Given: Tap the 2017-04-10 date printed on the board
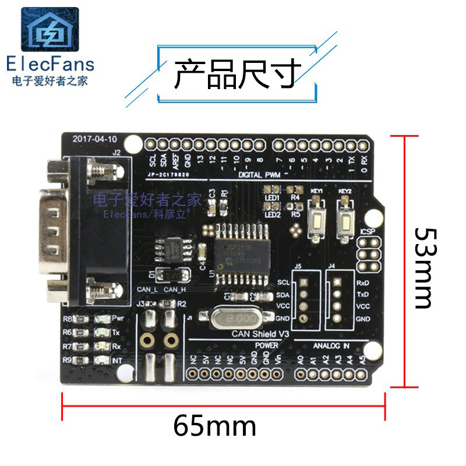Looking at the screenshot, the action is click(x=95, y=140).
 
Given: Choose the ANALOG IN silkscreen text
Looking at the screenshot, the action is click(x=330, y=345).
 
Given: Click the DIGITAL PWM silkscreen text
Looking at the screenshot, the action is click(x=259, y=174).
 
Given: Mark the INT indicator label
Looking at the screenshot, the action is click(x=118, y=361).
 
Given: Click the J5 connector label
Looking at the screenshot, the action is click(x=298, y=267).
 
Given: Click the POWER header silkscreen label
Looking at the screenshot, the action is click(x=266, y=345).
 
